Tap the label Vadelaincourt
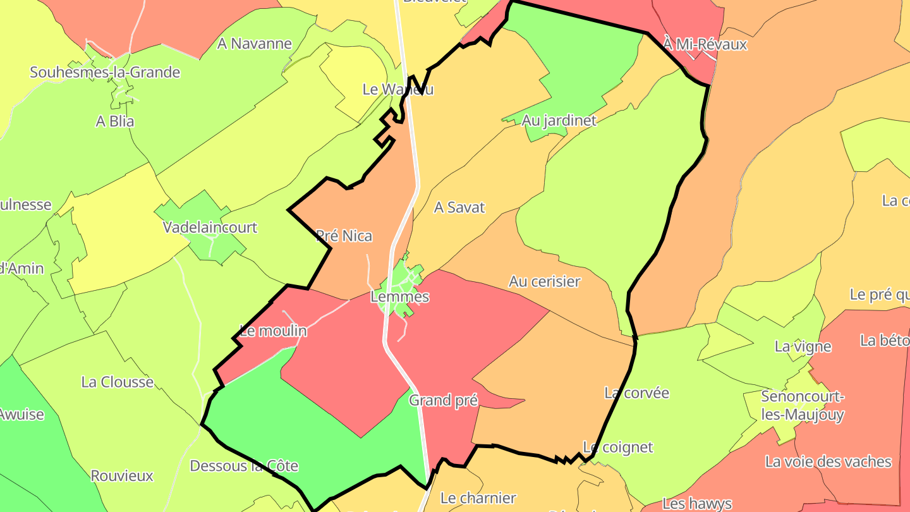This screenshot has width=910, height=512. point(210,227)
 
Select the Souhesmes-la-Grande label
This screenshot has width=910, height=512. point(105,72)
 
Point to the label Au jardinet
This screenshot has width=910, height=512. point(559,120)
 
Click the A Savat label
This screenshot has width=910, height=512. point(459,207)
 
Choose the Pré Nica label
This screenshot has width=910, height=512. point(344,236)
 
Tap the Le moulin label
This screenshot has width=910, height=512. point(274,331)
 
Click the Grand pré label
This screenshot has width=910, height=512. point(443,400)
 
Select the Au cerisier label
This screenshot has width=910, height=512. point(544,281)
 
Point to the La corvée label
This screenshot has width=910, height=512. point(636,393)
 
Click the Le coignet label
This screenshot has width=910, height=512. point(617,448)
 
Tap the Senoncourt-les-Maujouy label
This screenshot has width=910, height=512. point(803,406)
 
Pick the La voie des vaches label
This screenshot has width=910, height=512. point(828,461)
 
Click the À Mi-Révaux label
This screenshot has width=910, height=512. point(705,44)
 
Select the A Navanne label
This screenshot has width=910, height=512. point(254,44)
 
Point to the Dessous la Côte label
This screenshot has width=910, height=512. point(244,466)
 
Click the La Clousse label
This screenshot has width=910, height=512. point(118,382)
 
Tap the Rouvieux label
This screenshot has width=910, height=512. point(122,475)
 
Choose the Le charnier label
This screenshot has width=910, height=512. point(478,497)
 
